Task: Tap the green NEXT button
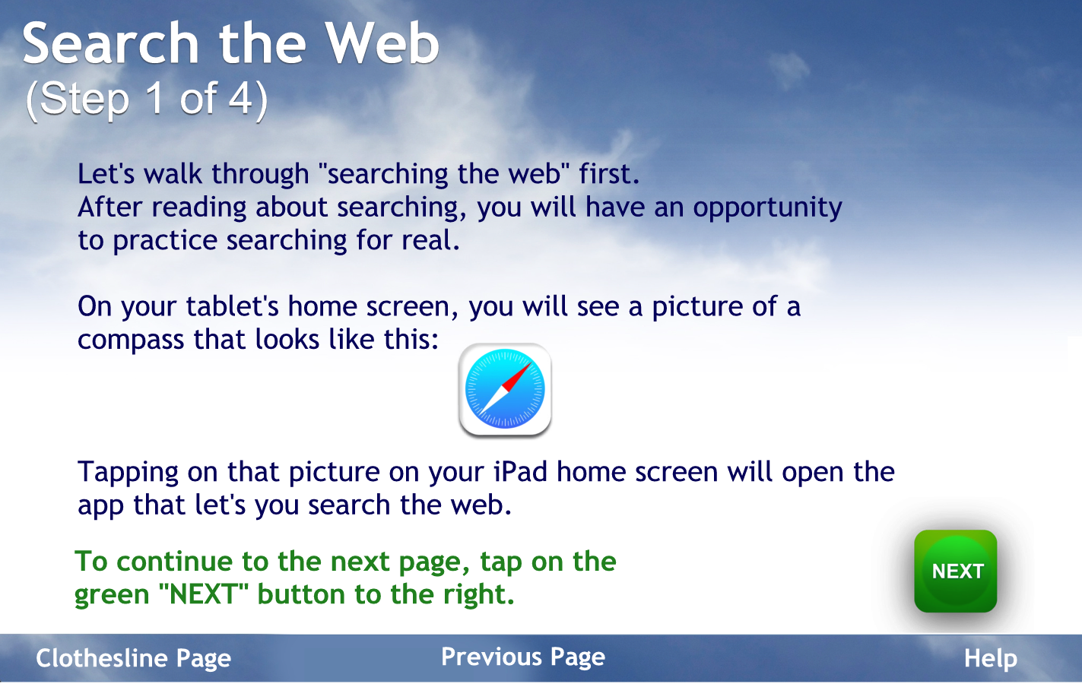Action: tap(956, 571)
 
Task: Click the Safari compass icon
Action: tap(505, 389)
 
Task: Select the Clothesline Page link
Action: tap(133, 658)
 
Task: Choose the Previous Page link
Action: tap(523, 657)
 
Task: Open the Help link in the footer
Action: tap(991, 658)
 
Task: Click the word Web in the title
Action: tap(382, 43)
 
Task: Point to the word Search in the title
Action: tap(110, 43)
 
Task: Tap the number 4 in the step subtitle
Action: tap(240, 99)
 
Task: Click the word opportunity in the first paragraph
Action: tap(767, 208)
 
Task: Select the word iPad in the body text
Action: tap(520, 472)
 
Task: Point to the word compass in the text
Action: tap(131, 340)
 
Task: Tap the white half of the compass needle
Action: tap(492, 401)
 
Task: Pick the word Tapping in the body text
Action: tap(128, 473)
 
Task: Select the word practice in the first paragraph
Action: tap(165, 241)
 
